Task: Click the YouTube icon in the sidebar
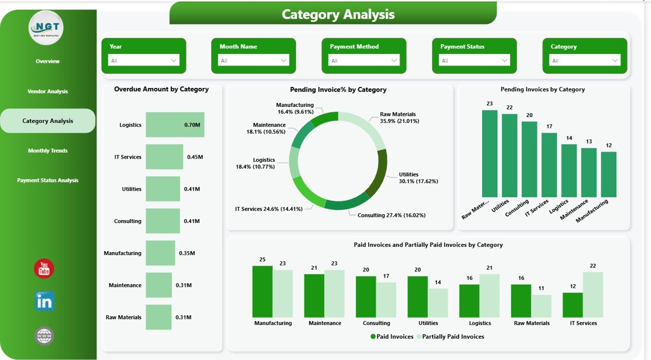click(44, 268)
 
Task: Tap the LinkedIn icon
click(44, 301)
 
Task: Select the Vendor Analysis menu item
click(48, 92)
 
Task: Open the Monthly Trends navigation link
click(48, 151)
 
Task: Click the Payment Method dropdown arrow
click(394, 61)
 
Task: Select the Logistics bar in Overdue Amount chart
click(175, 125)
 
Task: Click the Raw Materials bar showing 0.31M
click(159, 317)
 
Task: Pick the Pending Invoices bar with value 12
click(609, 174)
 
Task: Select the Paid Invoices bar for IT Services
click(573, 305)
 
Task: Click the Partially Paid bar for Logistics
click(490, 296)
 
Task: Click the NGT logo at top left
click(46, 28)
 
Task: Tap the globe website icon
click(44, 336)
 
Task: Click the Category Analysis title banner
click(338, 14)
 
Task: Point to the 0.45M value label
click(195, 157)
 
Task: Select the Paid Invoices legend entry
click(392, 337)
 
